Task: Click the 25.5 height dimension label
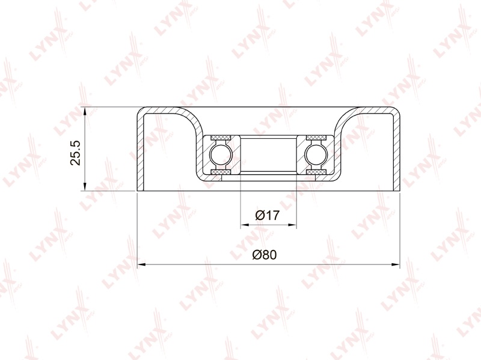[x=76, y=153]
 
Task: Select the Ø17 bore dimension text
[x=268, y=215]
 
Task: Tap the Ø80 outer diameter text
[x=265, y=254]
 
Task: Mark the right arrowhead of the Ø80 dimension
[x=396, y=264]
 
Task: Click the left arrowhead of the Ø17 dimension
[x=245, y=225]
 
